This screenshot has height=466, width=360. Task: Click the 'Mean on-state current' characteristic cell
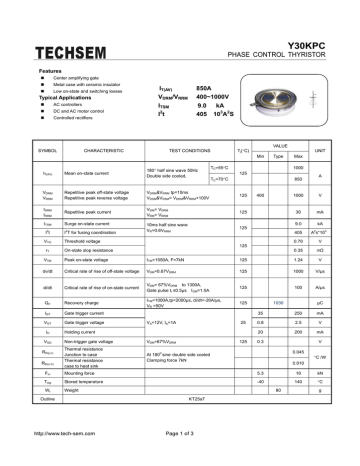[90, 173]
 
